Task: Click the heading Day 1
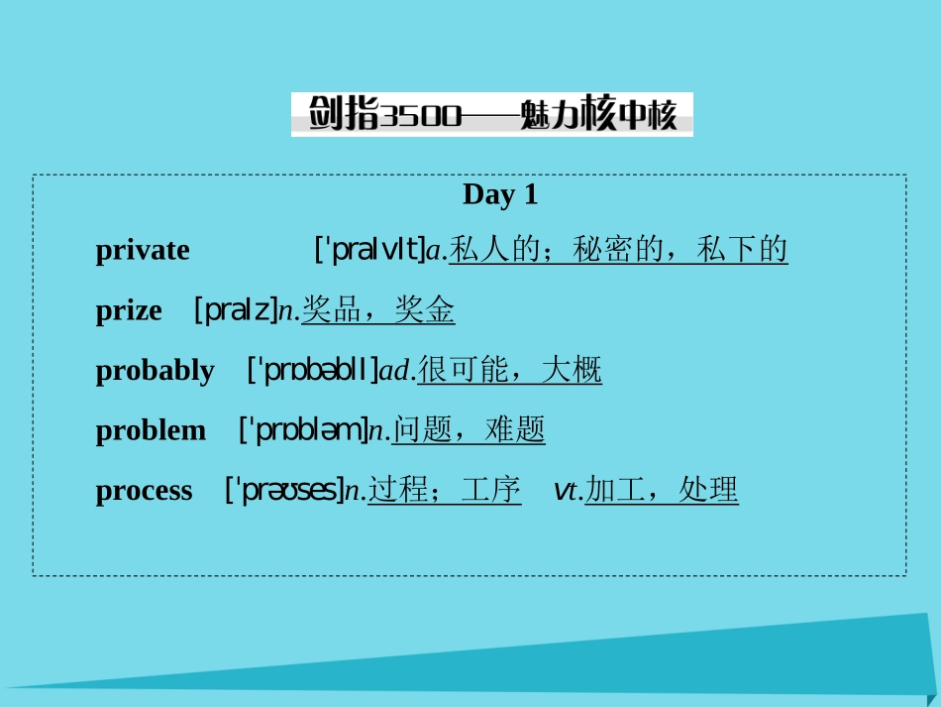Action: (499, 194)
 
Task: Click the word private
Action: (143, 250)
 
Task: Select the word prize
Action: (129, 311)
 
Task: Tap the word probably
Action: (155, 371)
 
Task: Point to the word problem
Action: (151, 430)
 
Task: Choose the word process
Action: (145, 490)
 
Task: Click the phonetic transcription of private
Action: (368, 250)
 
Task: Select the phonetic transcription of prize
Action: (236, 310)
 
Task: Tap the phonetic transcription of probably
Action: (313, 371)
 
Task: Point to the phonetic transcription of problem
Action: (303, 430)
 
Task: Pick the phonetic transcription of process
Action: (284, 490)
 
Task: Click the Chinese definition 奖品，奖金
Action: (378, 310)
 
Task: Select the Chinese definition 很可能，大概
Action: (509, 371)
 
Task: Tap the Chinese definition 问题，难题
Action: (469, 430)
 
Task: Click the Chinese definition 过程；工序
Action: (445, 490)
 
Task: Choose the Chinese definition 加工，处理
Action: (662, 490)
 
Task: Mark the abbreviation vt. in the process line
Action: (569, 490)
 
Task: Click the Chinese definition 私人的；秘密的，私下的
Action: (618, 250)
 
